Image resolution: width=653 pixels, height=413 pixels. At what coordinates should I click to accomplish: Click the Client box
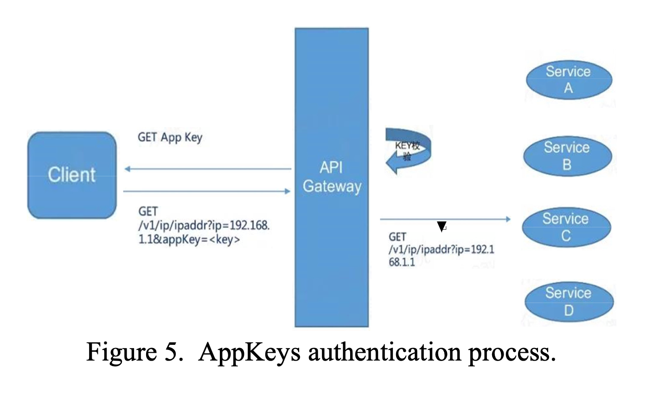(x=72, y=175)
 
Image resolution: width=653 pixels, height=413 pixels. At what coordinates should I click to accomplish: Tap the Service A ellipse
(x=569, y=80)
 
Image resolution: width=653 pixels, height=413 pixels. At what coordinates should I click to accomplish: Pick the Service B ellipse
(x=567, y=156)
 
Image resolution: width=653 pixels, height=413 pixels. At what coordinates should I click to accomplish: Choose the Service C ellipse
(x=566, y=227)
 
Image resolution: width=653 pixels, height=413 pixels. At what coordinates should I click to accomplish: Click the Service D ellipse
(x=569, y=302)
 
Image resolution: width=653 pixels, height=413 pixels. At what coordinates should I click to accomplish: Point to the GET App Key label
(x=170, y=137)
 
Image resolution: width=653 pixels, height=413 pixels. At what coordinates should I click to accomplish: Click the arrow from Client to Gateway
(x=207, y=191)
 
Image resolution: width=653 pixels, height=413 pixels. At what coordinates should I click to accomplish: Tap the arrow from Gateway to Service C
(x=445, y=219)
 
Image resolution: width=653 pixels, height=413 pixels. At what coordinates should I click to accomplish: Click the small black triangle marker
(x=442, y=227)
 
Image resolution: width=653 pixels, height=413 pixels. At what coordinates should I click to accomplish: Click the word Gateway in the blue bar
(x=332, y=187)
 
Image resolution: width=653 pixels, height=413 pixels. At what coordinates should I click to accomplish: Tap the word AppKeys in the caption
(x=250, y=352)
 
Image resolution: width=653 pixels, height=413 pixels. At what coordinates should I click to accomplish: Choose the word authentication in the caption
(x=384, y=352)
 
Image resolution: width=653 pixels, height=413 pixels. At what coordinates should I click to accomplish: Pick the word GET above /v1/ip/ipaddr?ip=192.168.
(x=148, y=212)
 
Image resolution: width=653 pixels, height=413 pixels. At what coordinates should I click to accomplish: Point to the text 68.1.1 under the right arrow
(x=402, y=262)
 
